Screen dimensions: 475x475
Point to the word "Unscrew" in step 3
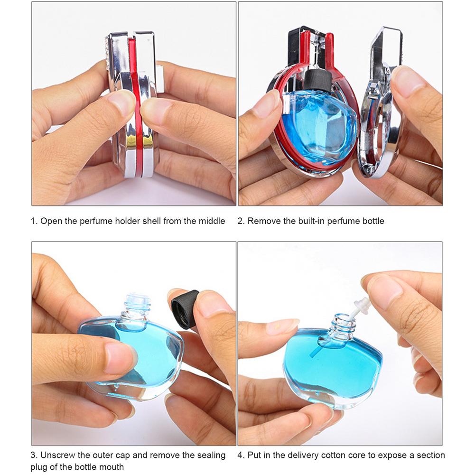pos(56,456)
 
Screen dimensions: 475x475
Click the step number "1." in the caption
pos(34,221)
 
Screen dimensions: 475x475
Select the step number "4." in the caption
pos(241,456)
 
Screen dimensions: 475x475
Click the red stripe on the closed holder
pos(137,109)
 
